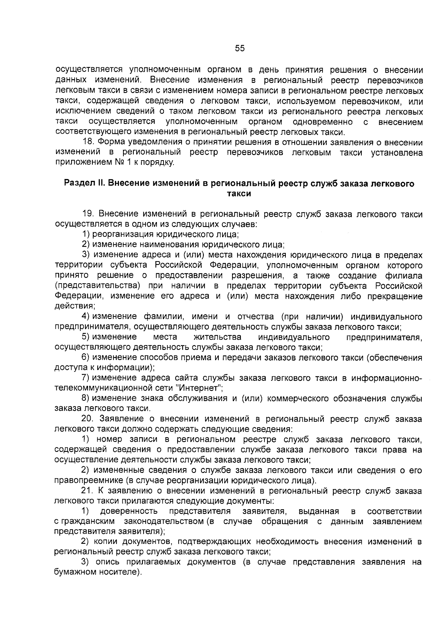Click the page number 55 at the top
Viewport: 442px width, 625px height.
(239, 48)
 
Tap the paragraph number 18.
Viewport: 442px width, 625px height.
(88, 142)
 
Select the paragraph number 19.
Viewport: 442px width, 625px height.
(88, 214)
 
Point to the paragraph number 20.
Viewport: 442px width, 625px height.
(88, 419)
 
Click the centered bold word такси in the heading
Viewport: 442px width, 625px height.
(239, 194)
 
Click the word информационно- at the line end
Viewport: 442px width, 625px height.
(386, 378)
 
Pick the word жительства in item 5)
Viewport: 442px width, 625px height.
(217, 337)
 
